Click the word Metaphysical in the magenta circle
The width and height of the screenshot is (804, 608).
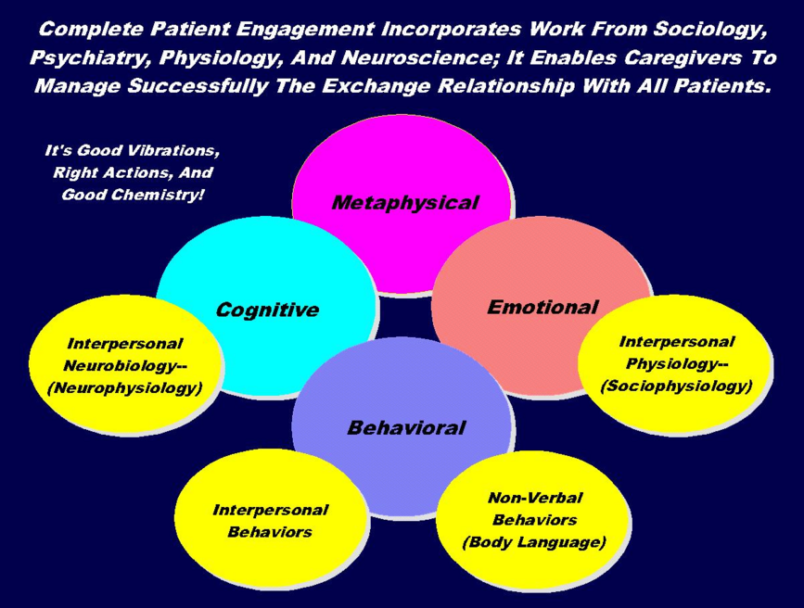(x=405, y=202)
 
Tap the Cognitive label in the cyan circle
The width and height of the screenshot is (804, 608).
(x=266, y=310)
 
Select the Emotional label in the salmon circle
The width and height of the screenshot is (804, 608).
(x=542, y=307)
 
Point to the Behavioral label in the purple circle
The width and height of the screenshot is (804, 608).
(x=406, y=427)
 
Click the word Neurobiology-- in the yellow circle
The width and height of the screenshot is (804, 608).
(x=124, y=365)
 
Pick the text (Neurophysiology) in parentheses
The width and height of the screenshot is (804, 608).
(x=124, y=388)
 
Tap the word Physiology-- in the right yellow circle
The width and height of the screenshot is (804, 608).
(x=676, y=363)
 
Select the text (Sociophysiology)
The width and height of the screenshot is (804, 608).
(x=676, y=386)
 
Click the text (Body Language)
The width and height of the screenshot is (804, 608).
(x=534, y=542)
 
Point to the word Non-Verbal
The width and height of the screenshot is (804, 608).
(x=534, y=498)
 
